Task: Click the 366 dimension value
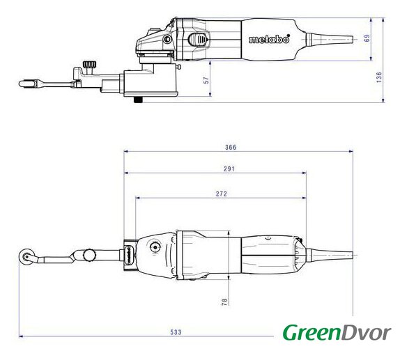231,147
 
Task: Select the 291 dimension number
229,169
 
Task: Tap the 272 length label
221,194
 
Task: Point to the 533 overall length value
176,332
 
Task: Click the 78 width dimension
224,302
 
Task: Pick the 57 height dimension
206,80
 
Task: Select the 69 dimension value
367,38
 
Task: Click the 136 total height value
379,77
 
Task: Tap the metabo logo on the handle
270,39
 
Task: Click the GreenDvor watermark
337,332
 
